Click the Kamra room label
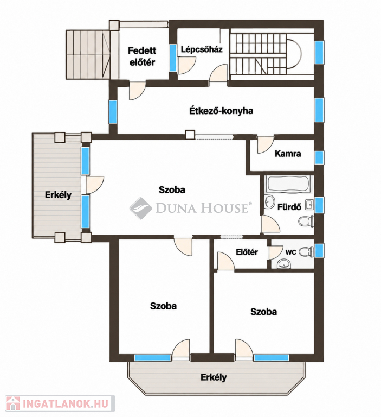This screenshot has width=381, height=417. coord(288,154)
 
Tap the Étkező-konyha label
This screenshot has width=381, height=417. coord(221,111)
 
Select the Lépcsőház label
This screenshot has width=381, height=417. coord(202,49)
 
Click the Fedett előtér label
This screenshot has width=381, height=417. coord(142,56)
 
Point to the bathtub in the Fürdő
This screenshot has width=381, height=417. coord(288,184)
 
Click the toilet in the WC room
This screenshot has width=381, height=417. coord(306,251)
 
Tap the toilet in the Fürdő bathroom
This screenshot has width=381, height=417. coord(306,222)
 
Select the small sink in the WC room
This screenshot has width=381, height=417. coord(284,264)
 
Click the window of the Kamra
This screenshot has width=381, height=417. coord(319,157)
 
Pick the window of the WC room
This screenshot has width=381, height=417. coord(319,250)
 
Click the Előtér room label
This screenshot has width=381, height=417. coord(247,252)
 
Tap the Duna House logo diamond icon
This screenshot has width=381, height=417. coord(140,208)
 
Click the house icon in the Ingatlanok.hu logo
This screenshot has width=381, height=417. coord(13,404)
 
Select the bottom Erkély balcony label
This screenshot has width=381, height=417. coord(214,377)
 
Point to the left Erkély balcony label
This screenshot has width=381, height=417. coord(58,195)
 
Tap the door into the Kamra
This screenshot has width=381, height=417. coord(266,145)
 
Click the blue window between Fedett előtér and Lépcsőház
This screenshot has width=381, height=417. coord(173,58)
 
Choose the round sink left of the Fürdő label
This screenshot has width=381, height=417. coord(270,201)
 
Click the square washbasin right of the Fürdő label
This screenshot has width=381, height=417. coord(309,205)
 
